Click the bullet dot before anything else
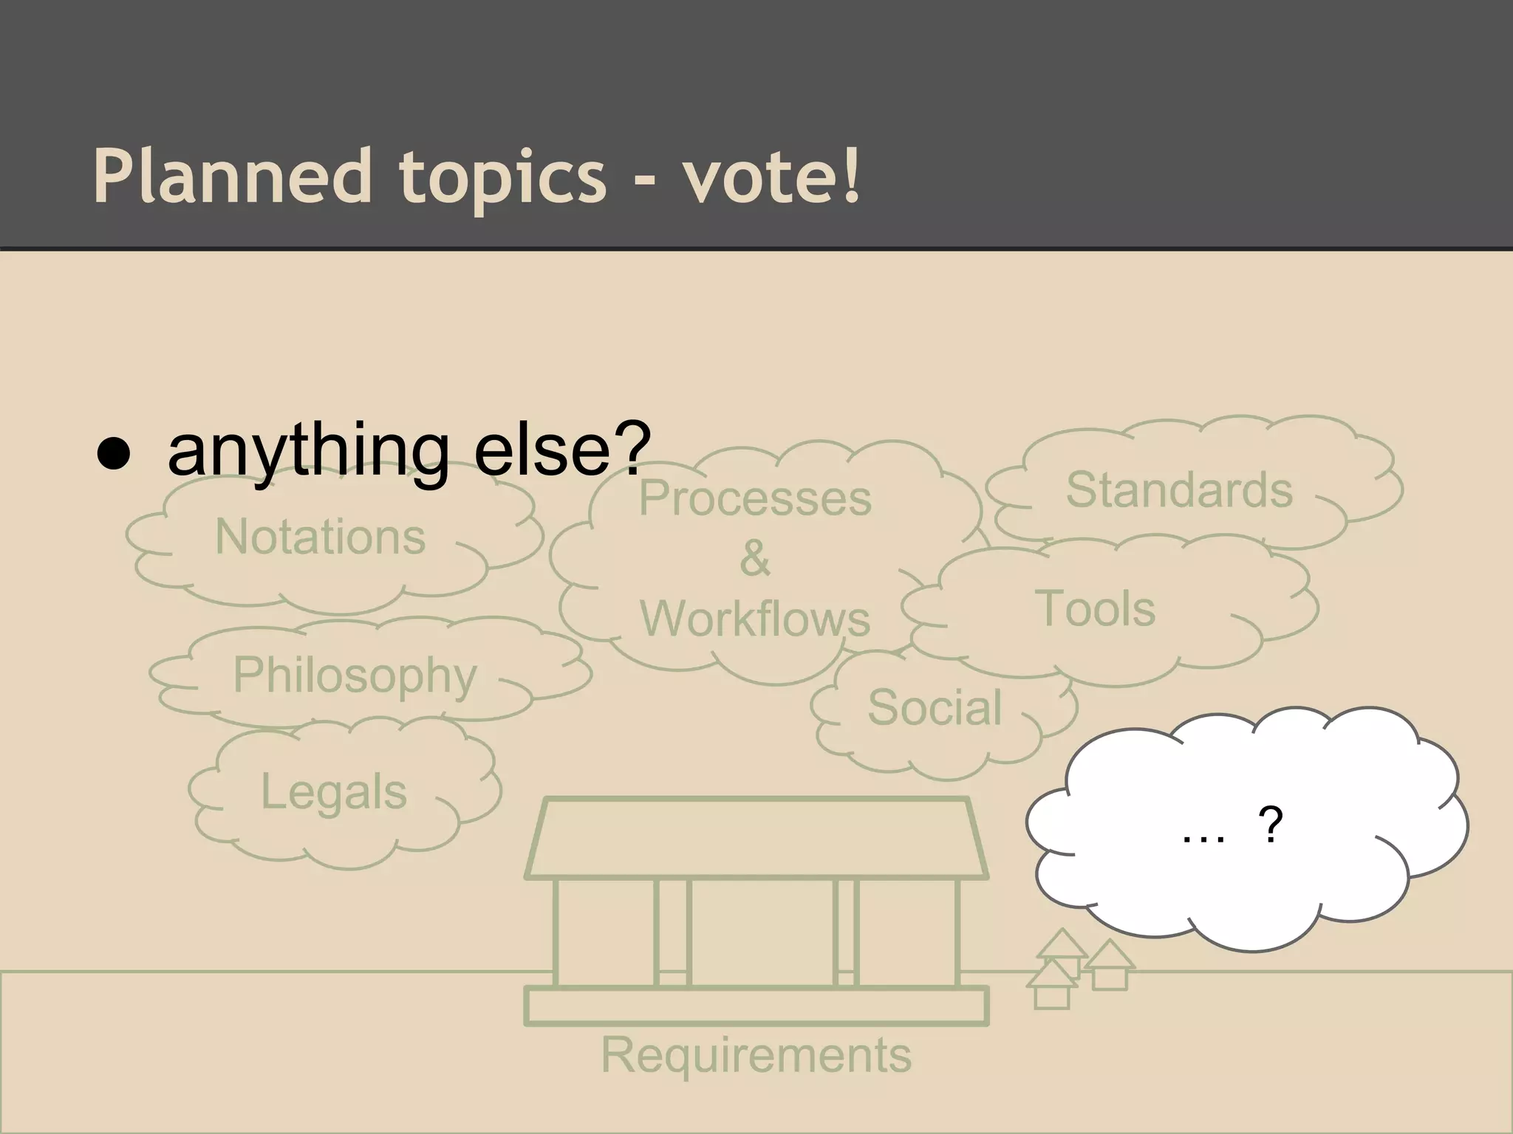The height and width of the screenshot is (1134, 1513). pyautogui.click(x=114, y=453)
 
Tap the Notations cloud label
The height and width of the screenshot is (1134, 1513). pyautogui.click(x=321, y=536)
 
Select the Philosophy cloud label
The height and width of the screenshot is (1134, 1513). pyautogui.click(x=355, y=675)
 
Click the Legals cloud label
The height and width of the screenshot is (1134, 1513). pyautogui.click(x=334, y=791)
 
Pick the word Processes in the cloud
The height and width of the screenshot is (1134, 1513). pyautogui.click(x=755, y=498)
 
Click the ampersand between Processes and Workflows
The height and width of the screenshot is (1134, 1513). pyautogui.click(x=755, y=558)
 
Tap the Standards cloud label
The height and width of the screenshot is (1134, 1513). pyautogui.click(x=1179, y=489)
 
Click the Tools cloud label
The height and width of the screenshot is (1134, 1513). pyautogui.click(x=1095, y=608)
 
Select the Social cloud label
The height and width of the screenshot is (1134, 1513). pyautogui.click(x=935, y=707)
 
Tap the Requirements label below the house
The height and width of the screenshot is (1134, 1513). pyautogui.click(x=756, y=1054)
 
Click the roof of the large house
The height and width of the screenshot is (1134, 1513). pyautogui.click(x=756, y=839)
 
